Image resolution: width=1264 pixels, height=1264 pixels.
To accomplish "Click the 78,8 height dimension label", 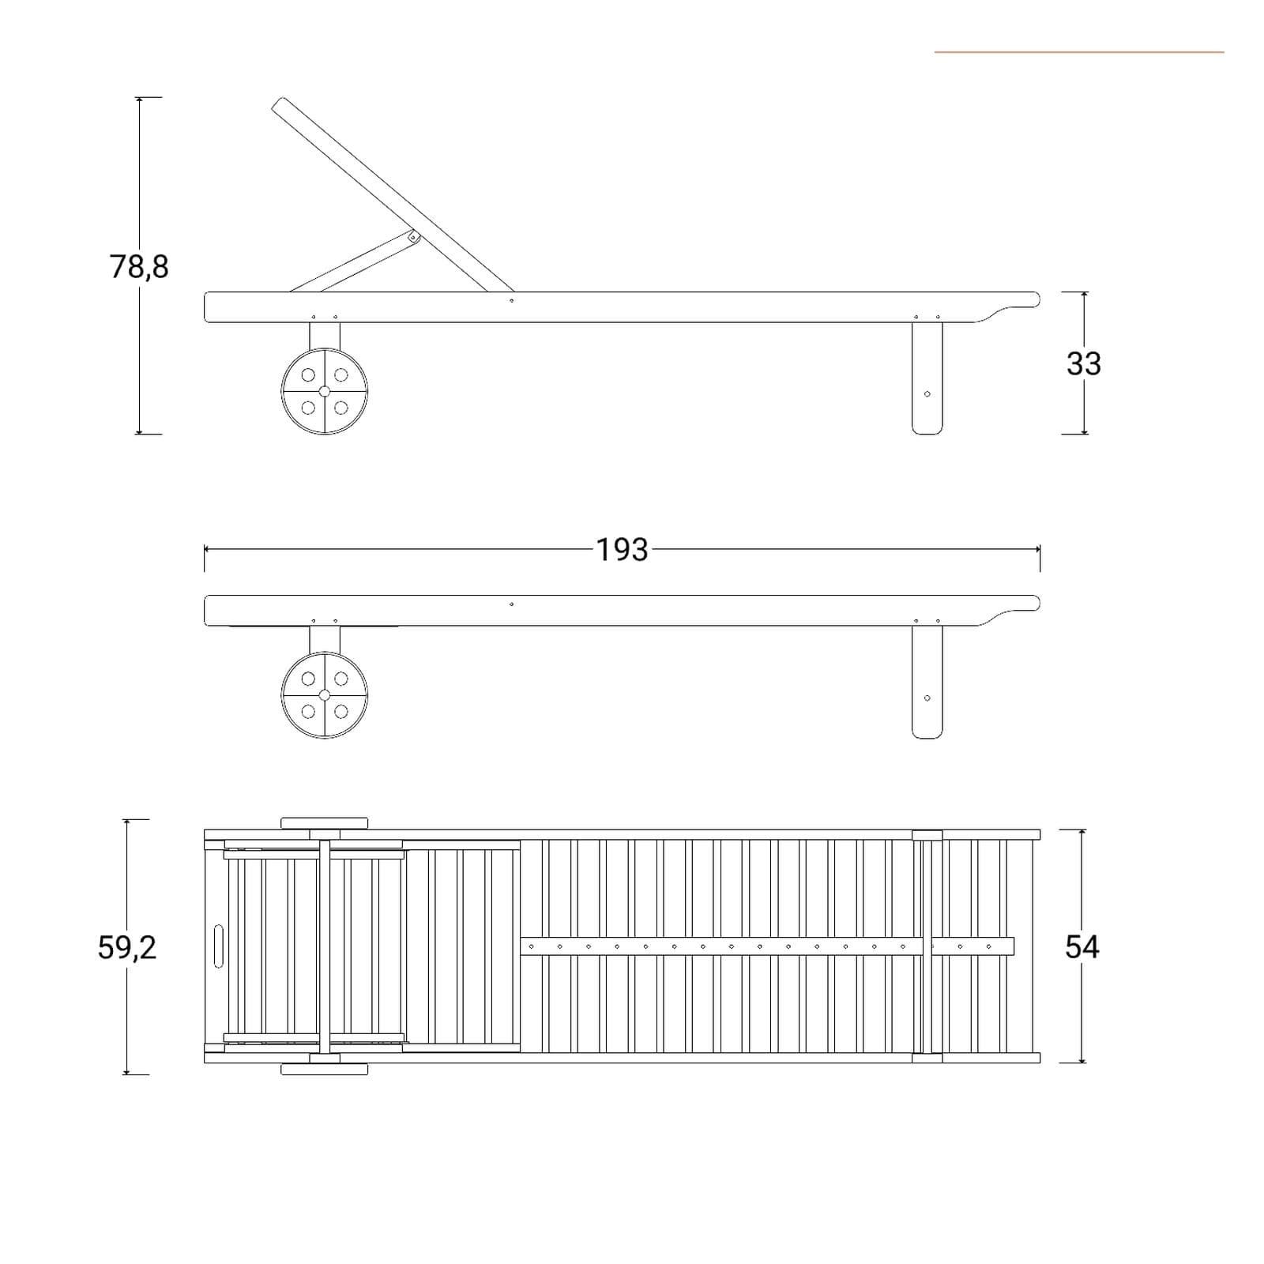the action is pyautogui.click(x=139, y=267).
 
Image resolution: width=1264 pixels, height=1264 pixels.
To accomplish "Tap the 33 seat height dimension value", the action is pyautogui.click(x=1083, y=363).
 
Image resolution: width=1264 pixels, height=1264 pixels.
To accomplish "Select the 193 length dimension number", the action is pyautogui.click(x=622, y=550).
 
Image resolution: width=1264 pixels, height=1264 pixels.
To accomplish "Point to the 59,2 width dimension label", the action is pyautogui.click(x=127, y=947).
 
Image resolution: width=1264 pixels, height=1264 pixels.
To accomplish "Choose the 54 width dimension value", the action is pyautogui.click(x=1082, y=946).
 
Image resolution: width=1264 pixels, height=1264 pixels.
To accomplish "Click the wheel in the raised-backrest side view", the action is pyautogui.click(x=325, y=391).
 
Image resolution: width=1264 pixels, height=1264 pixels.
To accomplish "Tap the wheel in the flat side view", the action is pyautogui.click(x=325, y=695).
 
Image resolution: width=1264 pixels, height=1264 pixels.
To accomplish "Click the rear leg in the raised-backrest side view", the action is pyautogui.click(x=927, y=378).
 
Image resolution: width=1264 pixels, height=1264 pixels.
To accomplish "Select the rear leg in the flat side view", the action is pyautogui.click(x=927, y=682).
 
